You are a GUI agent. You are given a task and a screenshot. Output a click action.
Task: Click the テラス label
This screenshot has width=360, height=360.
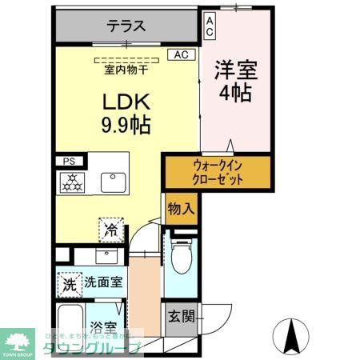point(126,26)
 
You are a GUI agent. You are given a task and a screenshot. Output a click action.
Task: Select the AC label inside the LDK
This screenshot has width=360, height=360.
point(181,54)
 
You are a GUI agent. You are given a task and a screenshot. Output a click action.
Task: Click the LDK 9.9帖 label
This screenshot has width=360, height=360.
point(125,114)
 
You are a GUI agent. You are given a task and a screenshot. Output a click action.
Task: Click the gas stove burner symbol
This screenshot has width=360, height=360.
point(72,182)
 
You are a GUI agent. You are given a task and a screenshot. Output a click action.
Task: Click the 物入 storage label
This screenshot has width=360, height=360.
point(180,210)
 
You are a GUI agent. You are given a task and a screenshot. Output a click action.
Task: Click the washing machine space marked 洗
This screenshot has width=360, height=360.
point(69,283)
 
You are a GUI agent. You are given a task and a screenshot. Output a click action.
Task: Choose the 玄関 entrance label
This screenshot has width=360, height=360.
point(181,315)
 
